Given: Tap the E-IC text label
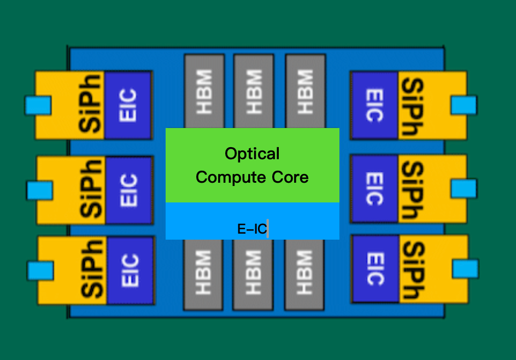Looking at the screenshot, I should tap(252, 229).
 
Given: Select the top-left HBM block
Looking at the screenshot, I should tap(204, 90).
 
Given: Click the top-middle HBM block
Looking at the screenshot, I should tap(253, 90).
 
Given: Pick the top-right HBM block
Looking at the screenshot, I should tap(305, 90).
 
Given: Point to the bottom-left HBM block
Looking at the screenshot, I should tap(203, 274).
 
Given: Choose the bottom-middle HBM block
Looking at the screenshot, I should tap(253, 274).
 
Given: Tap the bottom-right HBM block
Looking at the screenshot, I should tap(304, 274).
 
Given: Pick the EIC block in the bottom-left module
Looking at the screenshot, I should tap(130, 270).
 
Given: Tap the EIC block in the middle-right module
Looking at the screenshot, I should tap(374, 189).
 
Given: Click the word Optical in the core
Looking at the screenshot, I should tap(252, 154).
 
